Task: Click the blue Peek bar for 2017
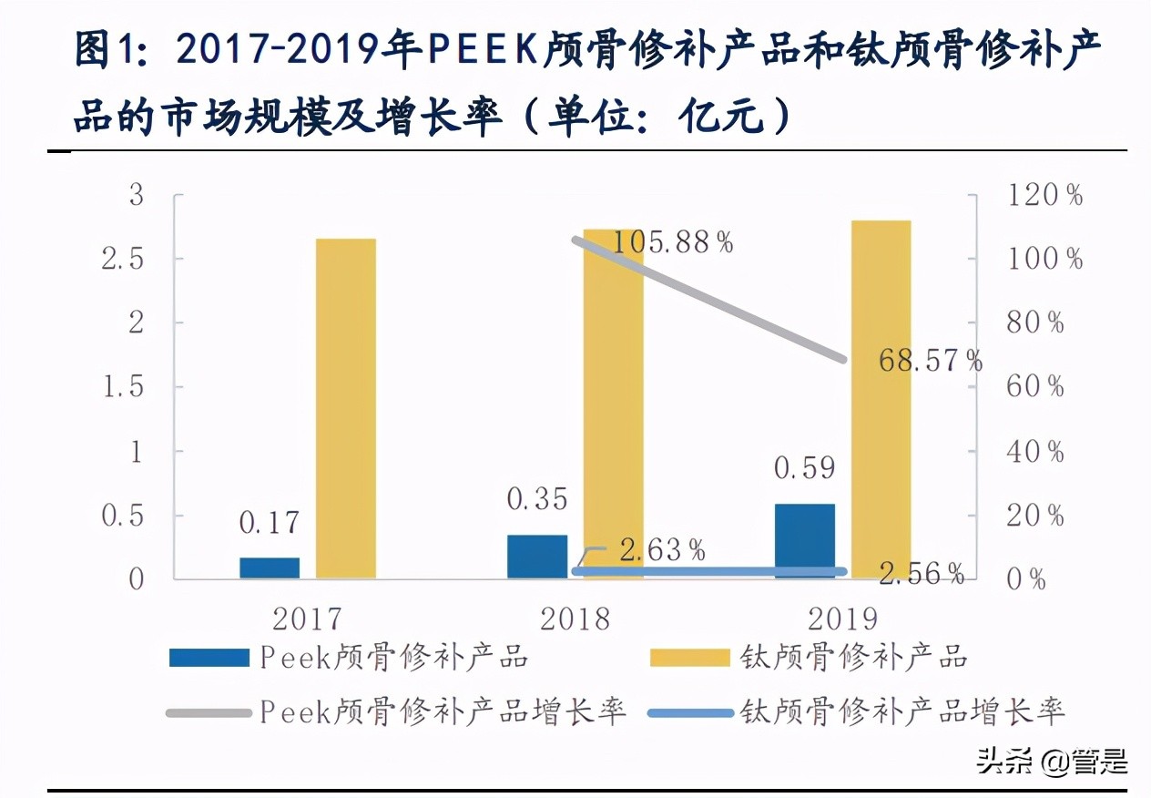(x=270, y=568)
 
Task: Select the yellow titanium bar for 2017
(x=345, y=408)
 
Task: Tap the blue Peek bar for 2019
(x=805, y=541)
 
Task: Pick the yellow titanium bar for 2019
(x=881, y=399)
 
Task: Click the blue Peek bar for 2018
(x=537, y=556)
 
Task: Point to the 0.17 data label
(x=270, y=523)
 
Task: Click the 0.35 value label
(x=537, y=499)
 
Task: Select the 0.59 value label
(x=805, y=468)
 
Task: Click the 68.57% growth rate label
(x=930, y=361)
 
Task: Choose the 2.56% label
(x=922, y=573)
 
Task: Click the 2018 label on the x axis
(x=575, y=619)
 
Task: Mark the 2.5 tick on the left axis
(x=124, y=259)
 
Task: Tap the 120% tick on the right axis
(x=1044, y=195)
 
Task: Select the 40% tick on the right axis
(x=1034, y=451)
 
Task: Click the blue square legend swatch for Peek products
(x=209, y=658)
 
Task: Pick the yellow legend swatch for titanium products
(x=689, y=658)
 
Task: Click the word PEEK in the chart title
(x=483, y=52)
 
